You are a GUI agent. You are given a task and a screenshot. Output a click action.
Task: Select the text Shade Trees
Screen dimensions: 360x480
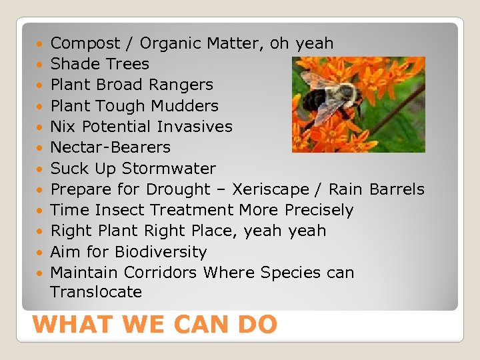pyautogui.click(x=100, y=65)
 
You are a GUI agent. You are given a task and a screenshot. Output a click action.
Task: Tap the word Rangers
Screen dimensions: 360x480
pyautogui.click(x=182, y=85)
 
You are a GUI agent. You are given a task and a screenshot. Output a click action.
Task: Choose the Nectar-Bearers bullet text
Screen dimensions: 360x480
pyautogui.click(x=111, y=147)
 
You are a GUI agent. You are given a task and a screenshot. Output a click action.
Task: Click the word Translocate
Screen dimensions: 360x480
pyautogui.click(x=96, y=292)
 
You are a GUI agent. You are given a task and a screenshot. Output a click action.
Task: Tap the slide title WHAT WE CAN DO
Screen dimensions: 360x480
pyautogui.click(x=154, y=325)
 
